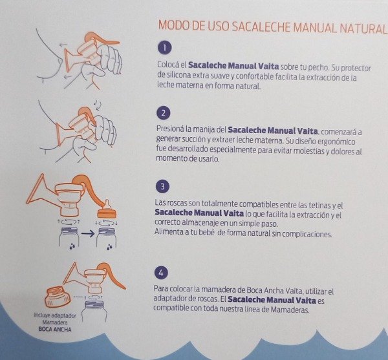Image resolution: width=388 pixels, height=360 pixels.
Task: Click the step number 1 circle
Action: point(165,47)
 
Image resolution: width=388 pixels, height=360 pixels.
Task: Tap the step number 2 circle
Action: point(164,113)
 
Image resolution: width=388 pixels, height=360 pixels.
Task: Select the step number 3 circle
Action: point(162,186)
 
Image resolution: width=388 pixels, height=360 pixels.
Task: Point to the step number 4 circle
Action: point(161,273)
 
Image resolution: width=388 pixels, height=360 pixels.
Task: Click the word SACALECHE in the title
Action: point(261,26)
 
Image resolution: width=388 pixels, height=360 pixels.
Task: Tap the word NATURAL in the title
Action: point(362,28)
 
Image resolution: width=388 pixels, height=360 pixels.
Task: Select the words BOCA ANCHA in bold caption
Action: point(55,330)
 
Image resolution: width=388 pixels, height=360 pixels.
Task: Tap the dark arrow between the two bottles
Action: point(88,233)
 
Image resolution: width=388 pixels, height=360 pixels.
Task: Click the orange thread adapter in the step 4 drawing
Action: point(58,297)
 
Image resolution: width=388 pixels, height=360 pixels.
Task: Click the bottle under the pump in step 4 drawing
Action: point(95,312)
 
